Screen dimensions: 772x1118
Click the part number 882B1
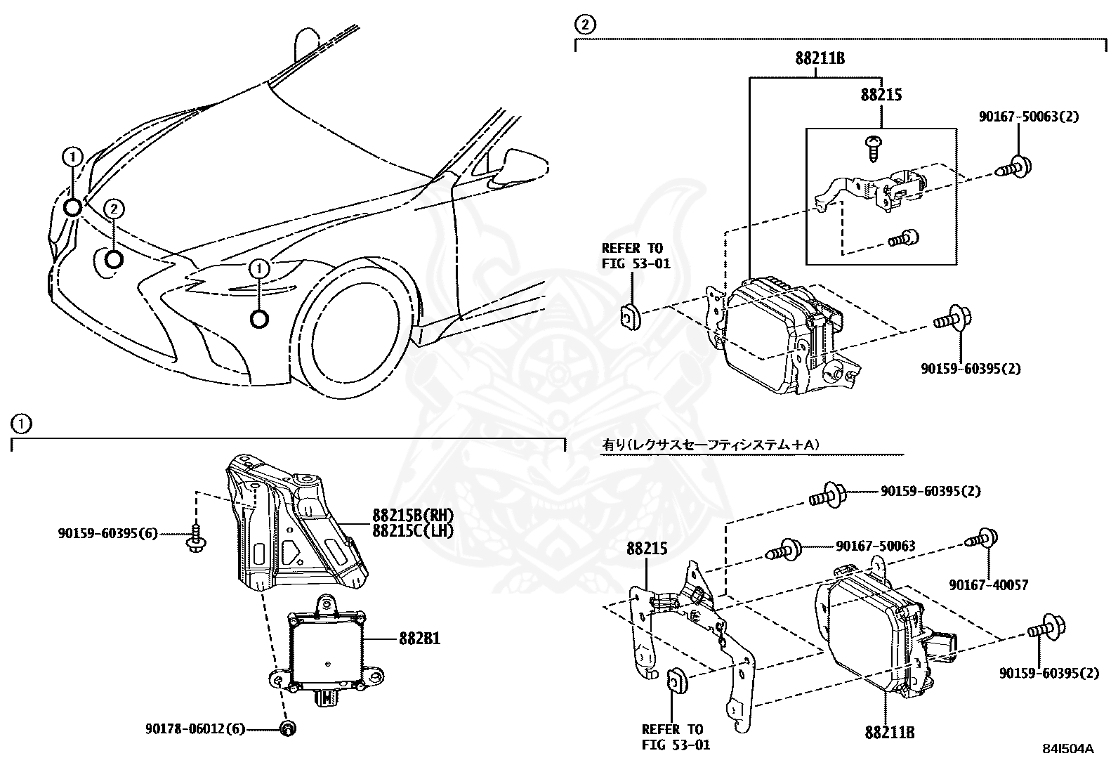click(421, 639)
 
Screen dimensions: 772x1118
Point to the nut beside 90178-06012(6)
click(287, 729)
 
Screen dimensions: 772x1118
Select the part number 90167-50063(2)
click(1029, 117)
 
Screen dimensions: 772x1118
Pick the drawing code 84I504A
click(1069, 749)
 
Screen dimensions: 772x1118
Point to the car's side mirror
click(523, 164)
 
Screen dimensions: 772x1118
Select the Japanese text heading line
click(711, 445)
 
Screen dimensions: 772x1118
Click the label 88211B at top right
click(820, 59)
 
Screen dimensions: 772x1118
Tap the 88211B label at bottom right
click(890, 733)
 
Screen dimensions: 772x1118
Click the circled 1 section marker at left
click(21, 424)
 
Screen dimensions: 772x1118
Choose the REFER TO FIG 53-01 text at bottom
click(676, 737)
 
